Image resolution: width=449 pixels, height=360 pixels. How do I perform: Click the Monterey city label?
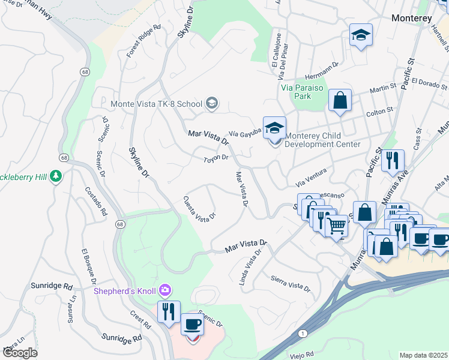pos(411,19)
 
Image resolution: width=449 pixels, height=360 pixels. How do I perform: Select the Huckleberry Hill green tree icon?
pos(56,176)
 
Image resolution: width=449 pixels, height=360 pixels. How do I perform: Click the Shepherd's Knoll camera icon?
pos(164,291)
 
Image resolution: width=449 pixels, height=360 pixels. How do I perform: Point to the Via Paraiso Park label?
pos(303,91)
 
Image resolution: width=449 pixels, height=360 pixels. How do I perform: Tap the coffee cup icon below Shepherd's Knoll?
pos(192,324)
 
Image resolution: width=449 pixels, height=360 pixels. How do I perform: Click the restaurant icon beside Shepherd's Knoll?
pos(169,311)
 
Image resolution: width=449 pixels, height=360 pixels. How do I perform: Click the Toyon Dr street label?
pos(216,158)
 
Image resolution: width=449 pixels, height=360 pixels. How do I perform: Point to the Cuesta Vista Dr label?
pos(199,208)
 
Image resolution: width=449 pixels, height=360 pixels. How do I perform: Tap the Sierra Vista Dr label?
pos(290,284)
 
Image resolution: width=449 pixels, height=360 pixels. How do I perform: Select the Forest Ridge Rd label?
pos(144,41)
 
